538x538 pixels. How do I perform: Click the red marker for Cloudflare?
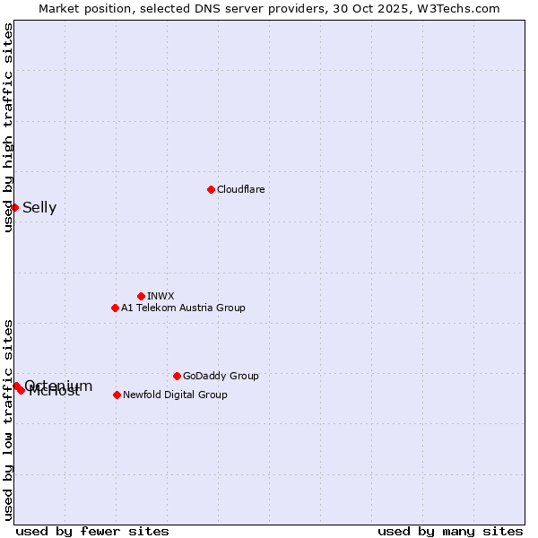pyautogui.click(x=211, y=189)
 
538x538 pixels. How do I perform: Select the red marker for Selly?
pyautogui.click(x=14, y=207)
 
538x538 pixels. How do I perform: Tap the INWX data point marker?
pyautogui.click(x=141, y=296)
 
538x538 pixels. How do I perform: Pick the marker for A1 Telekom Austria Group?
pyautogui.click(x=115, y=308)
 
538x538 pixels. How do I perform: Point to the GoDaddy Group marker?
pyautogui.click(x=177, y=376)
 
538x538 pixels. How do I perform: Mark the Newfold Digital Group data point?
pyautogui.click(x=117, y=395)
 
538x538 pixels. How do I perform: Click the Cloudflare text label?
pyautogui.click(x=240, y=189)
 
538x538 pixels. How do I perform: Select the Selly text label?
pyautogui.click(x=39, y=208)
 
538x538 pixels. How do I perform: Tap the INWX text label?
pyautogui.click(x=161, y=296)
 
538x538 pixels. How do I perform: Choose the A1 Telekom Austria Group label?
pyautogui.click(x=183, y=308)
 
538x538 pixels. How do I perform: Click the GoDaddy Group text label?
pyautogui.click(x=221, y=376)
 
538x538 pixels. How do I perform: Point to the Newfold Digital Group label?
pyautogui.click(x=175, y=395)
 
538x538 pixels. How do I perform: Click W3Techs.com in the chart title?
pyautogui.click(x=456, y=8)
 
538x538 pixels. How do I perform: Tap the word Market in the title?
pyautogui.click(x=60, y=8)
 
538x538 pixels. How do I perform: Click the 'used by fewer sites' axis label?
pyautogui.click(x=92, y=531)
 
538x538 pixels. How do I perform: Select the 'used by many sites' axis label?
pyautogui.click(x=450, y=531)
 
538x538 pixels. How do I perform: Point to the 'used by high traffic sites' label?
pyautogui.click(x=8, y=127)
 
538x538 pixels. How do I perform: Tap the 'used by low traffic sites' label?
pyautogui.click(x=8, y=420)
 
